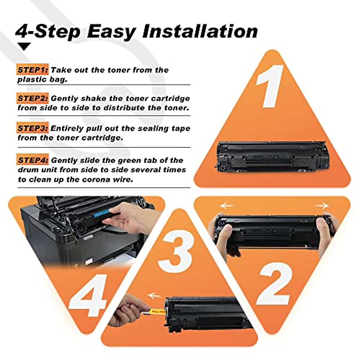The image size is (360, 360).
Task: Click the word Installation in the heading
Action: point(200,31)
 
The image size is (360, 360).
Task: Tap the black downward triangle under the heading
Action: point(24,46)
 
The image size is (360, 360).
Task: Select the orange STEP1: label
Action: point(32,70)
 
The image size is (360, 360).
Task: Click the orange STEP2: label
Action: point(32,98)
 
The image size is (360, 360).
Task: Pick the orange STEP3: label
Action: point(32,128)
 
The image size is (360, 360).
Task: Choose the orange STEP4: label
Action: point(32,160)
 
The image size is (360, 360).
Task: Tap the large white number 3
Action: point(175,250)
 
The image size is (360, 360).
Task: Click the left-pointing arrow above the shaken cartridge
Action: point(226,206)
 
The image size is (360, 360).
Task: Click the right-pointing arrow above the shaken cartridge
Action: point(322,206)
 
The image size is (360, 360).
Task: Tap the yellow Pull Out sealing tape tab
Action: point(158,311)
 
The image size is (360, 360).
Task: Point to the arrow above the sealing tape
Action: point(155,296)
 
